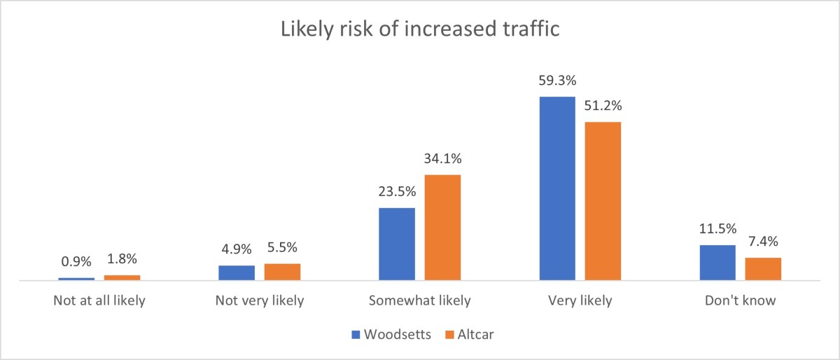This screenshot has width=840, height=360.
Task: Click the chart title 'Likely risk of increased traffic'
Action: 419,29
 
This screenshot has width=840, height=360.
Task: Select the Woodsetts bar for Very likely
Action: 557,188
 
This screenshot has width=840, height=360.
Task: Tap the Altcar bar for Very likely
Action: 603,201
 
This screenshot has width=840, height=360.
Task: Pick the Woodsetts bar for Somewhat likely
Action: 397,244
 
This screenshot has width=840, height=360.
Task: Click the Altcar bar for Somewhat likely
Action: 442,227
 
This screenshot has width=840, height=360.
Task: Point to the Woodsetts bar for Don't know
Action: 717,263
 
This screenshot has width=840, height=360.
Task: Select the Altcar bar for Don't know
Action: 763,269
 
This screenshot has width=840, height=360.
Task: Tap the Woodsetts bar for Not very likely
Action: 237,272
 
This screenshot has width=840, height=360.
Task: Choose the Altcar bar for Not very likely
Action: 282,272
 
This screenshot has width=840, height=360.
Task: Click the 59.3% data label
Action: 557,81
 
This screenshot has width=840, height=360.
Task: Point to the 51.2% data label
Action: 603,107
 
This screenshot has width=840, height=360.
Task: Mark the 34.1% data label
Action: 442,160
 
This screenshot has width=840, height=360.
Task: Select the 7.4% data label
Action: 763,242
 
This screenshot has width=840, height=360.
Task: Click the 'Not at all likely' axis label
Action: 99,301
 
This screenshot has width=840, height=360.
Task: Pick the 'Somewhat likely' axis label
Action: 420,301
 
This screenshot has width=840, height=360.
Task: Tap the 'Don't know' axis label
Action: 741,301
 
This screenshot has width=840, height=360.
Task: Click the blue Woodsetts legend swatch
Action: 356,334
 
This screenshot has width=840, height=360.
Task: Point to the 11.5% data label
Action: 717,230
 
